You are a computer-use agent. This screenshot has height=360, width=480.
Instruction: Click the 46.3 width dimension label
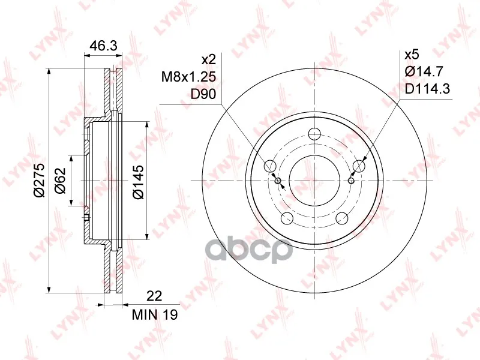click(x=103, y=46)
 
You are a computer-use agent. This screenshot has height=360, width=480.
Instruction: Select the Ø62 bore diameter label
click(x=61, y=181)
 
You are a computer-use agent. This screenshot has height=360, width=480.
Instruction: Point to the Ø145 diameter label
click(x=138, y=182)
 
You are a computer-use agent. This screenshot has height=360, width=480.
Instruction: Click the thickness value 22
click(x=154, y=296)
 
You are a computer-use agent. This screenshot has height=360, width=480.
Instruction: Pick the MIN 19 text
click(x=155, y=314)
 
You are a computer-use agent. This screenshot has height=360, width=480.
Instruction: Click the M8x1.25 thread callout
click(x=188, y=77)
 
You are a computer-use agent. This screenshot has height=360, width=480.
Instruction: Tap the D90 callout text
click(x=203, y=94)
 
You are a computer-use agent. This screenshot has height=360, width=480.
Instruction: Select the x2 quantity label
click(x=209, y=59)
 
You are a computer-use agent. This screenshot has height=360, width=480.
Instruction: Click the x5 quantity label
click(x=412, y=55)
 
